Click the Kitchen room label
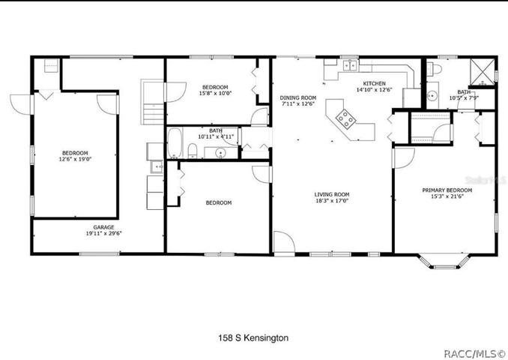coord(374,83)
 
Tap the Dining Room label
coord(298,97)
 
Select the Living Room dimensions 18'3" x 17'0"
coord(332,201)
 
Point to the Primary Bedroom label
coord(447,190)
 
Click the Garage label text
coord(103,227)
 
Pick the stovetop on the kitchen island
coord(345,119)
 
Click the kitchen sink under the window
coord(350,65)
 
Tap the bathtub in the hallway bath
coord(175,143)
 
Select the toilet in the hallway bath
coord(193,151)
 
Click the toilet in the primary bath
coord(434,69)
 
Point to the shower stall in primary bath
coord(483,72)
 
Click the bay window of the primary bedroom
coord(444,262)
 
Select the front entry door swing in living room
coord(284,241)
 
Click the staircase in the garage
coord(153,102)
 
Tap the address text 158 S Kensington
coord(253,338)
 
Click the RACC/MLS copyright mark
coord(474,353)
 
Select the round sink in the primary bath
coord(432,96)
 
